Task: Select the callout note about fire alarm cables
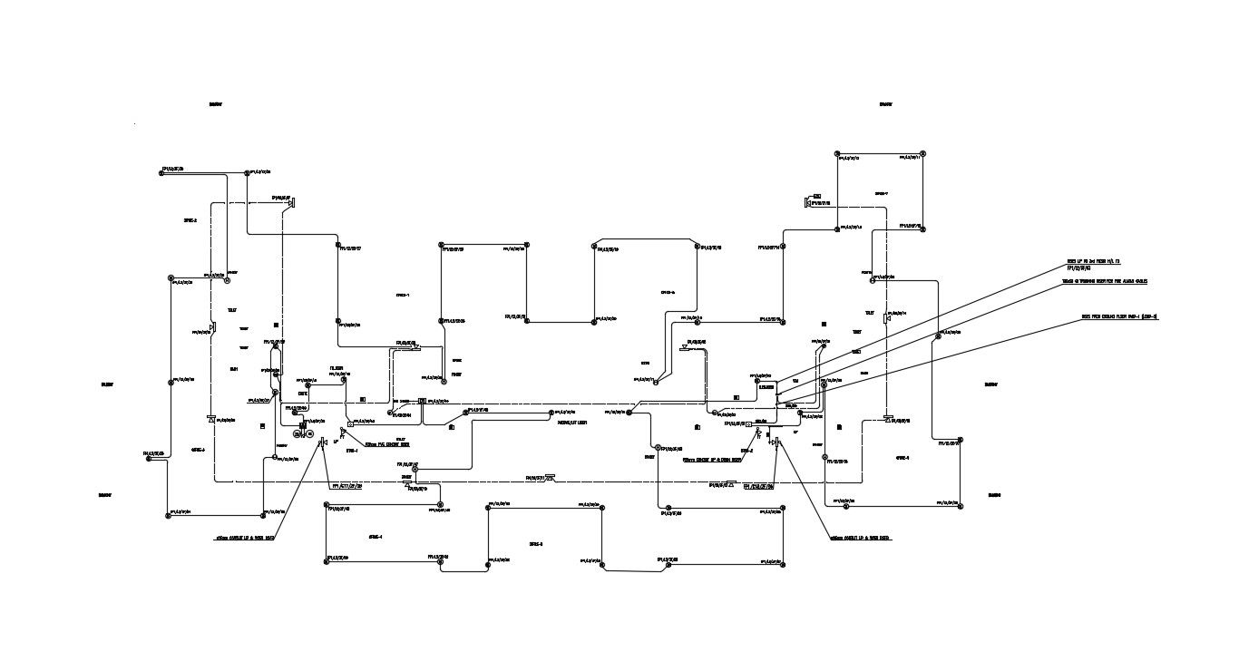tap(1108, 281)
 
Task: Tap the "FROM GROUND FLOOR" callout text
tap(1118, 316)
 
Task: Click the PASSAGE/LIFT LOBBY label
tap(571, 422)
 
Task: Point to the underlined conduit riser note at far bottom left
tap(245, 538)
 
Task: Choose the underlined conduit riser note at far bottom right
tap(860, 538)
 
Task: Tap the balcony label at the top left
tap(216, 104)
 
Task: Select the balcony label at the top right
tap(885, 104)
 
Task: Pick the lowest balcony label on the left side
tap(104, 495)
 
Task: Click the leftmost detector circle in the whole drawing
tap(147, 457)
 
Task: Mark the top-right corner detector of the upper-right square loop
tap(922, 153)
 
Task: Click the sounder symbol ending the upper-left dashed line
tap(292, 202)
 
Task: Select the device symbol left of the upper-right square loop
tap(809, 201)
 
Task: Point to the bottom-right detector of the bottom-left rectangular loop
tap(440, 561)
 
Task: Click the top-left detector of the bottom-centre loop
tap(488, 507)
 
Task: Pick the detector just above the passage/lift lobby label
tap(551, 413)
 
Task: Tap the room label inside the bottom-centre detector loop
tap(535, 544)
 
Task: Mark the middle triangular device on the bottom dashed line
tap(551, 477)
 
